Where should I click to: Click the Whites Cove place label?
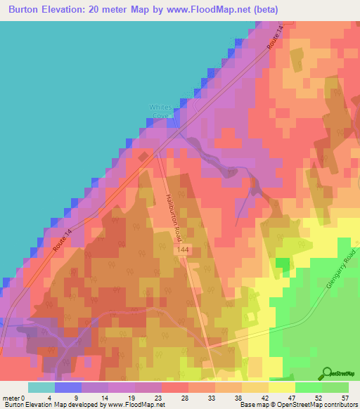160,111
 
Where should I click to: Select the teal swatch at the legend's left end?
41,387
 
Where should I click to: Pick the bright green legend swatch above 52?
309,387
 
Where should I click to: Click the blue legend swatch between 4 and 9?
68,387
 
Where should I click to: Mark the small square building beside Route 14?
145,157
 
